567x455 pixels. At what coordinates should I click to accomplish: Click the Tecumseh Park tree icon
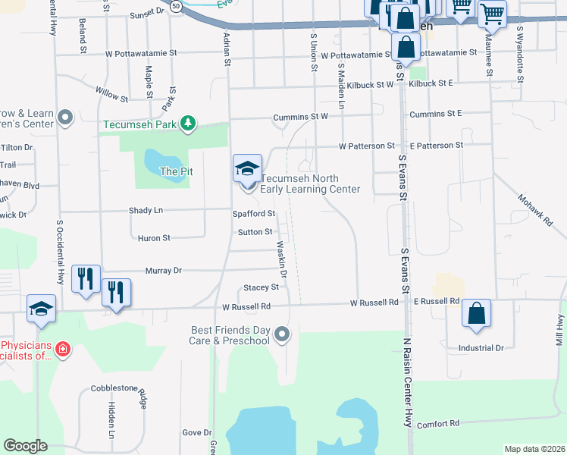point(188,123)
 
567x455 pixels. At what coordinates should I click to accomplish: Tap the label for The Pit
point(176,171)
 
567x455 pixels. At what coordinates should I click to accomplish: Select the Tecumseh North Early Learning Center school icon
point(247,168)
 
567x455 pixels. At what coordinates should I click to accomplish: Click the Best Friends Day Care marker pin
point(282,334)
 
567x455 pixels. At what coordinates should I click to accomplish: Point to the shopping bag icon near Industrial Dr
point(476,313)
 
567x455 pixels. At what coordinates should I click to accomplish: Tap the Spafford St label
point(253,215)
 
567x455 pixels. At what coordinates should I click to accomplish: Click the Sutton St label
point(254,232)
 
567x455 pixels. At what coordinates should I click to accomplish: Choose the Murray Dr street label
point(166,270)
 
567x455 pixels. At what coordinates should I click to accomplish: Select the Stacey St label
point(261,287)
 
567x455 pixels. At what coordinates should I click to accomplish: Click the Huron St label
point(154,238)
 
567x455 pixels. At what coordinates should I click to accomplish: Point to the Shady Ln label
point(146,210)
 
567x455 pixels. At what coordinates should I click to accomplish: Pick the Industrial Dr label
point(481,348)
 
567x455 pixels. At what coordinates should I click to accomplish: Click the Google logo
point(25,446)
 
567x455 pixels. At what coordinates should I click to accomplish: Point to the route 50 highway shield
point(175,6)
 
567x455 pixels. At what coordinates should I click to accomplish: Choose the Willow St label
point(111,94)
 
